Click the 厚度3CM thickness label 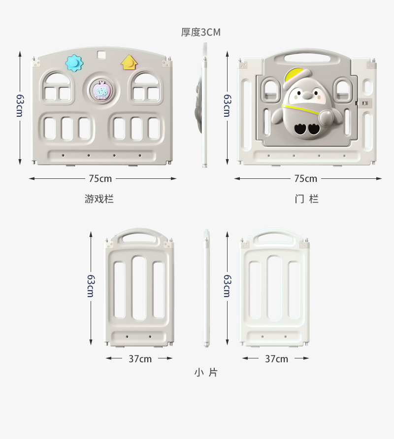[201, 33]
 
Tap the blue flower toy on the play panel [74, 63]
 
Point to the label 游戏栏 [99, 199]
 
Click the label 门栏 [306, 199]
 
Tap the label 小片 [205, 372]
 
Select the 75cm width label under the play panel [100, 178]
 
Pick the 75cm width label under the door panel [306, 178]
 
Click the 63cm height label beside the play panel [19, 105]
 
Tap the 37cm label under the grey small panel [140, 359]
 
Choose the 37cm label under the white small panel [276, 359]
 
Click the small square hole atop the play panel [102, 54]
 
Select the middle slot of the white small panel [275, 288]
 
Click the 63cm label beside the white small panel [227, 286]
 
